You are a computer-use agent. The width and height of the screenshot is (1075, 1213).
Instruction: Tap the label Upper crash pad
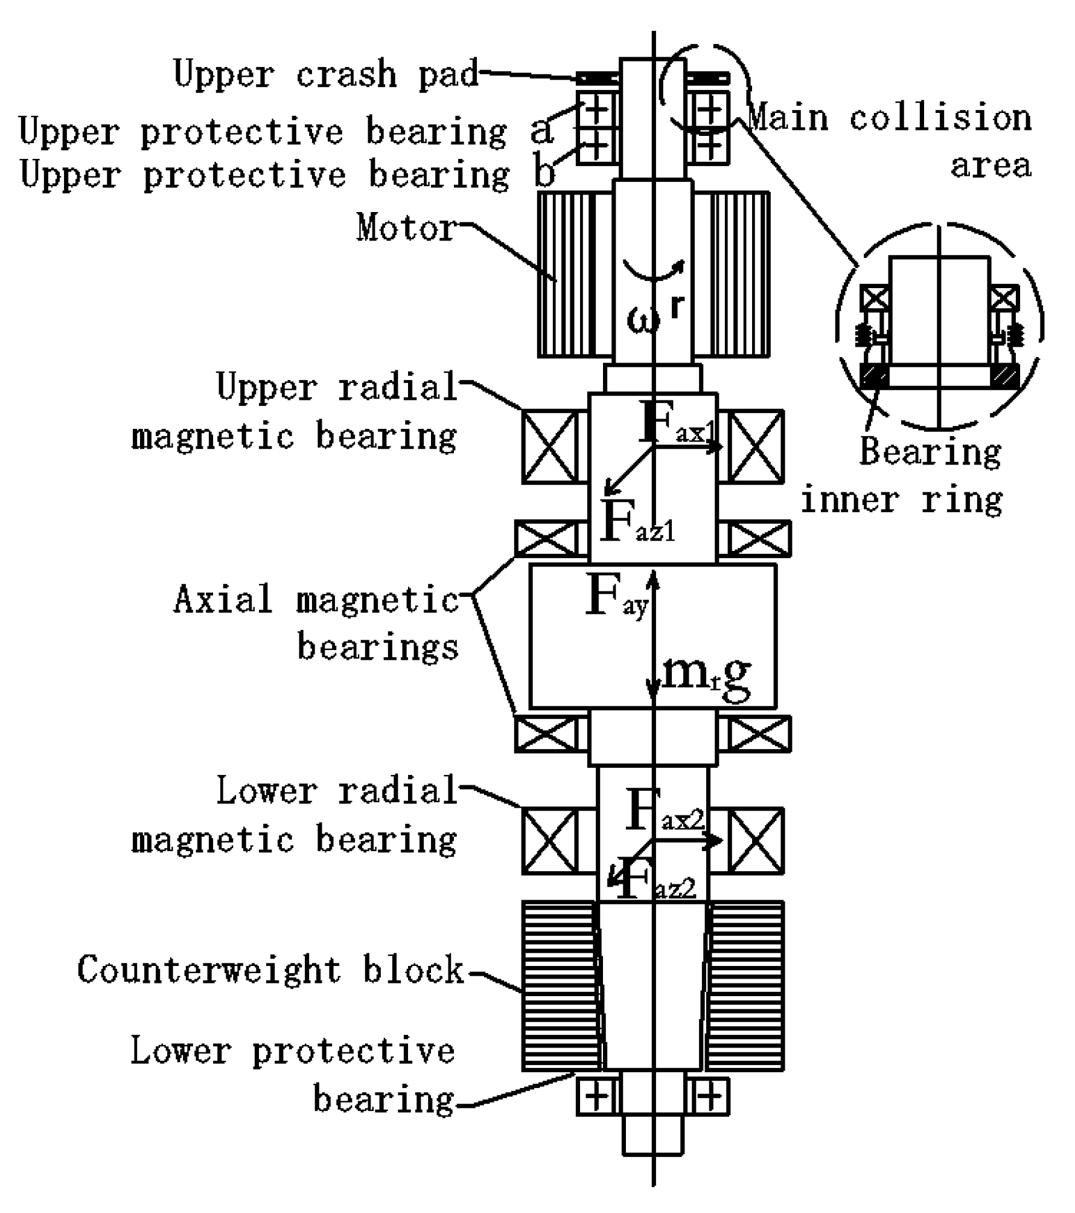pyautogui.click(x=325, y=74)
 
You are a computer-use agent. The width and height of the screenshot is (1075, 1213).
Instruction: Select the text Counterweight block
pyautogui.click(x=270, y=970)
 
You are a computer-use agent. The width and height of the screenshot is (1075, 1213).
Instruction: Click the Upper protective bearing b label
pyautogui.click(x=287, y=175)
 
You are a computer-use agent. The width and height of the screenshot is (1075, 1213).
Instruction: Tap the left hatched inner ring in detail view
pyautogui.click(x=874, y=376)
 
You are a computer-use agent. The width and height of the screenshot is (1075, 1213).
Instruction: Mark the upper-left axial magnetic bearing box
pyautogui.click(x=547, y=538)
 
